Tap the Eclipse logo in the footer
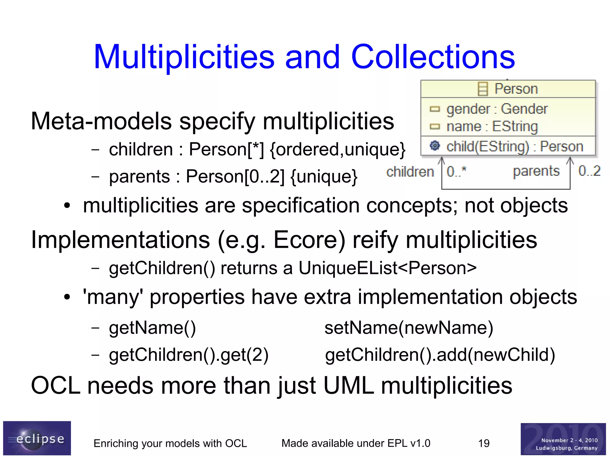tap(37, 438)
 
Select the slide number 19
tap(484, 443)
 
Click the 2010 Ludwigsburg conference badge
tap(563, 439)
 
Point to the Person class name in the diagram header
tap(516, 89)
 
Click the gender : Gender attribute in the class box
tap(497, 109)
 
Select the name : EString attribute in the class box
tap(492, 127)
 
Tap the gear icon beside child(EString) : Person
tap(435, 146)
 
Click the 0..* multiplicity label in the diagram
tap(456, 171)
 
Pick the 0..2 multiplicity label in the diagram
tap(589, 171)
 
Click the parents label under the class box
tap(536, 171)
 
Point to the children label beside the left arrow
tap(410, 172)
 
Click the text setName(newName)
tap(409, 328)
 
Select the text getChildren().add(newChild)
tap(440, 355)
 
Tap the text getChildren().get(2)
tap(189, 355)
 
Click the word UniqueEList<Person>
tap(387, 268)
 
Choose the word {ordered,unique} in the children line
tap(337, 149)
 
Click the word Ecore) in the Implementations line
tap(309, 240)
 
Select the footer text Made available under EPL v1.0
tap(356, 443)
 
